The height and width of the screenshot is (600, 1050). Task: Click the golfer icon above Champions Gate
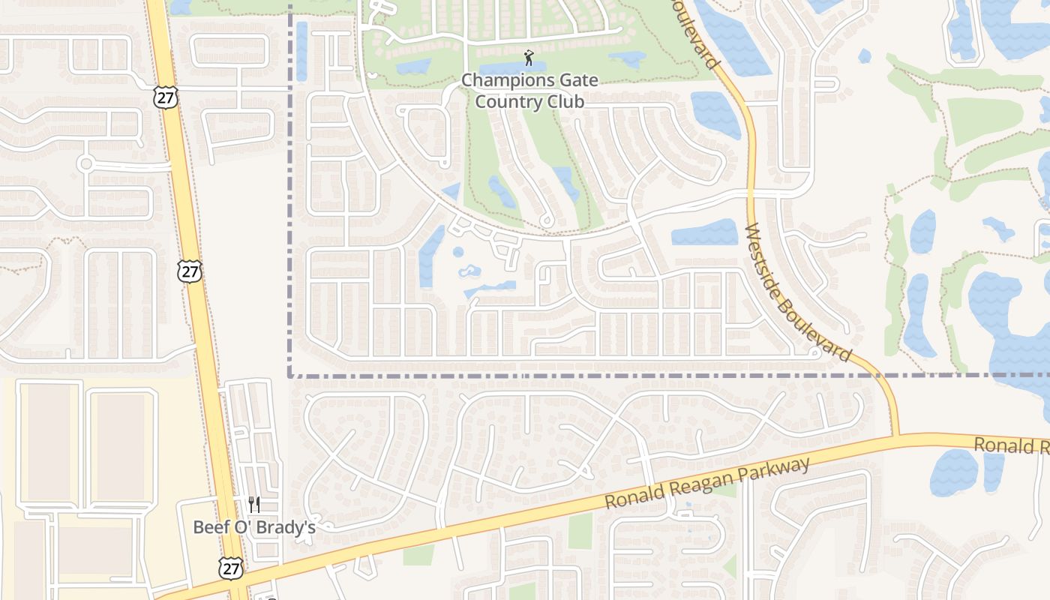[x=529, y=57]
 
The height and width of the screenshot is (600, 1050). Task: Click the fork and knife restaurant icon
[x=254, y=504]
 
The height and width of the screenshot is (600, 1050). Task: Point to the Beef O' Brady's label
[x=253, y=527]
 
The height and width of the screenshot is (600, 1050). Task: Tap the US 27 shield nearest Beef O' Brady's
[x=231, y=568]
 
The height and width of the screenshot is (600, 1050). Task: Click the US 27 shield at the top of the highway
[x=165, y=96]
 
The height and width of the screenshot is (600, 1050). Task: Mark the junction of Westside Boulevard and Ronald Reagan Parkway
[x=896, y=435]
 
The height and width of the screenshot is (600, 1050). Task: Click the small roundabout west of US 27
[x=86, y=163]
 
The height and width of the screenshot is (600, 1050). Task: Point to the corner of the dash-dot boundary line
[x=290, y=375]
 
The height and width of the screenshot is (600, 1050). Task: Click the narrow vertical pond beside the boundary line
[x=301, y=51]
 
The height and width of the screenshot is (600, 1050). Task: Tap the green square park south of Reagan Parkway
[x=580, y=531]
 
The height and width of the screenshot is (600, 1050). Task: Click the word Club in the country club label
[x=566, y=101]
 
